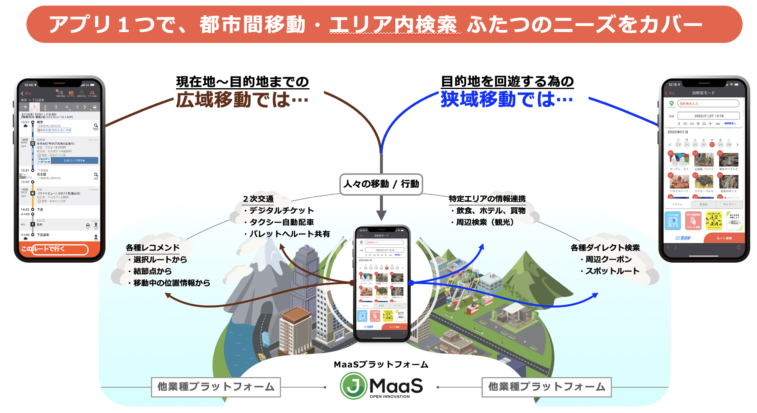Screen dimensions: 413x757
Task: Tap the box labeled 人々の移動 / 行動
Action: [x=381, y=184]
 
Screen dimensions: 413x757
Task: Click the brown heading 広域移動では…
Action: [x=242, y=100]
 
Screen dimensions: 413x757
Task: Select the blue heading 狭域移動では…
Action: [x=507, y=99]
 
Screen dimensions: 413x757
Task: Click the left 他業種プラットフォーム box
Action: [x=216, y=387]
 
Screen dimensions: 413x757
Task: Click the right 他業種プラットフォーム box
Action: [x=546, y=387]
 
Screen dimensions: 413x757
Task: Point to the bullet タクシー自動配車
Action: [x=281, y=222]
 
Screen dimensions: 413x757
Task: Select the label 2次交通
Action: [x=258, y=199]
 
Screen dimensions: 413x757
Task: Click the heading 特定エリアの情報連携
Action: [x=487, y=199]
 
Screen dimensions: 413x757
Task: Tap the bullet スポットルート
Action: [x=612, y=271]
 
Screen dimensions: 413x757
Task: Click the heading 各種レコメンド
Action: [x=153, y=248]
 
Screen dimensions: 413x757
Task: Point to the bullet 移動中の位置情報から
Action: [x=172, y=283]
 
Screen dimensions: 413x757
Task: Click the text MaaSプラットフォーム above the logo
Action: [x=381, y=364]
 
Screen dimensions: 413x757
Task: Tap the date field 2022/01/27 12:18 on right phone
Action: [x=708, y=116]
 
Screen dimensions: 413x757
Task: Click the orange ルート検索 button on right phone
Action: [x=724, y=238]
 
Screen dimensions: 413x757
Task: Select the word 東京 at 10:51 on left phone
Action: [x=40, y=122]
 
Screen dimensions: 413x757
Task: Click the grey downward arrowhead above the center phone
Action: [x=381, y=215]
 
